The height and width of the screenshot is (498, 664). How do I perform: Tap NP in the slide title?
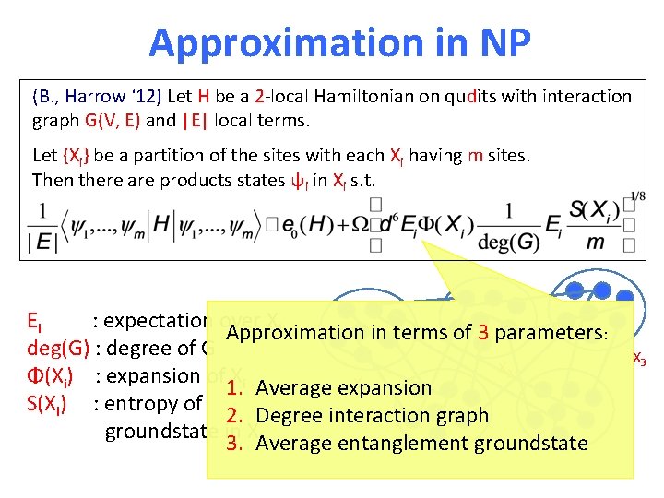click(499, 42)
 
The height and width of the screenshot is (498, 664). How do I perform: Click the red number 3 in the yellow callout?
click(482, 333)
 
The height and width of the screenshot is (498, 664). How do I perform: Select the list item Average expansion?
click(343, 388)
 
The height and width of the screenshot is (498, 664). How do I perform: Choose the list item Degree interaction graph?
click(372, 416)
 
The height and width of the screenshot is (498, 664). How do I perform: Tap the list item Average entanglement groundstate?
click(421, 444)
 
